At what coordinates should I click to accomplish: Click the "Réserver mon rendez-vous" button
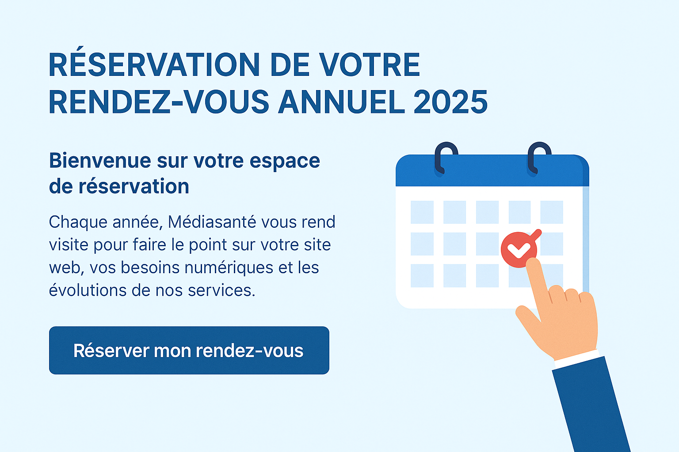pos(189,350)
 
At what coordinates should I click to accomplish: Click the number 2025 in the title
pos(450,102)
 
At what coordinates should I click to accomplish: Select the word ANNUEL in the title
pos(342,102)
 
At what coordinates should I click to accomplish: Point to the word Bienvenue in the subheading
pos(100,160)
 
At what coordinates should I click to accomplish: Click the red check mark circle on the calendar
pos(519,249)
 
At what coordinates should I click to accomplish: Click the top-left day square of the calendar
pos(422,212)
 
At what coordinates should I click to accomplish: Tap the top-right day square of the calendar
pos(552,212)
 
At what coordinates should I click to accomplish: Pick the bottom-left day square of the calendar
pos(422,275)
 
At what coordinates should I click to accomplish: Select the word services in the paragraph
pos(221,290)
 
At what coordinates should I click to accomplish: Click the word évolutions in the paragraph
pos(88,290)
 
